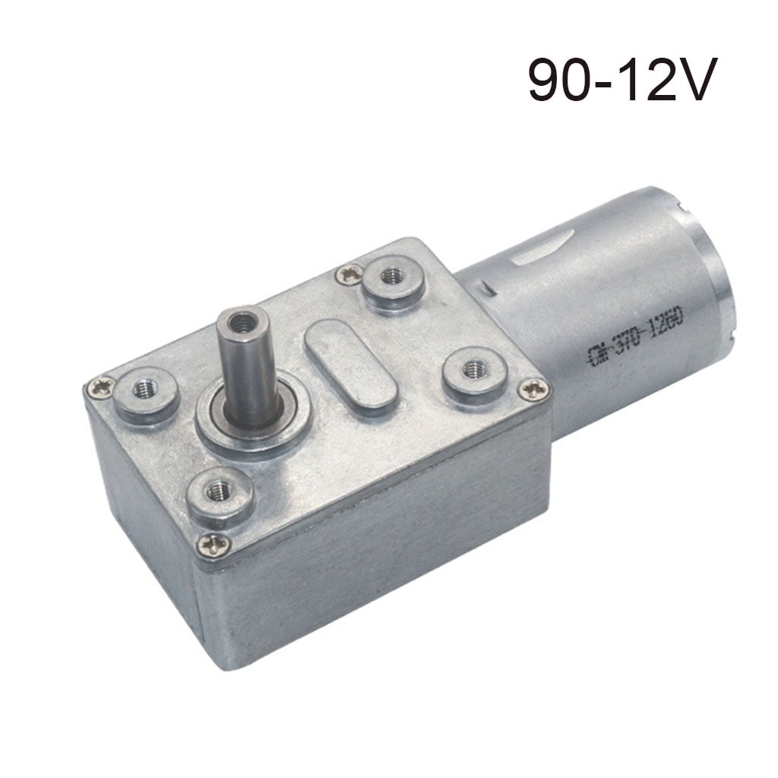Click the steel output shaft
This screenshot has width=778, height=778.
coord(243,372)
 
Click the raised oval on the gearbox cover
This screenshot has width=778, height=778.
coord(350,366)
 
